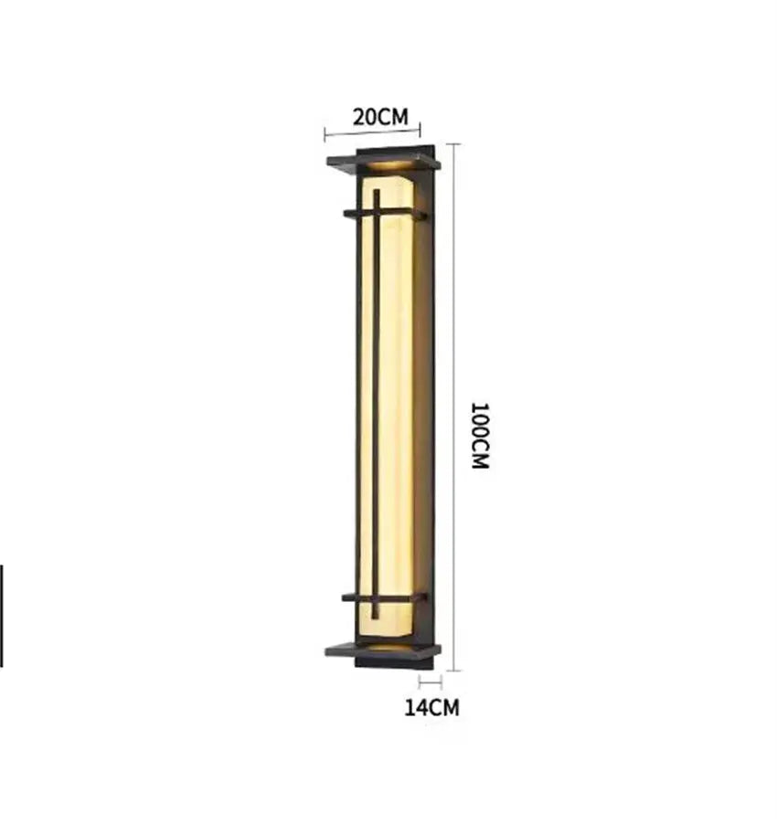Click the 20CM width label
(380, 116)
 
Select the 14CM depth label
(431, 706)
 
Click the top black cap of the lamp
(383, 163)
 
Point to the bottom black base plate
(382, 650)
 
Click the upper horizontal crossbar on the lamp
(384, 214)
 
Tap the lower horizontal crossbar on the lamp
(384, 598)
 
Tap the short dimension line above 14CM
(431, 681)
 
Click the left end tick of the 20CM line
(325, 137)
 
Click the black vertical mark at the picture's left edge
(1, 615)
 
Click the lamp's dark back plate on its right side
(429, 402)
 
